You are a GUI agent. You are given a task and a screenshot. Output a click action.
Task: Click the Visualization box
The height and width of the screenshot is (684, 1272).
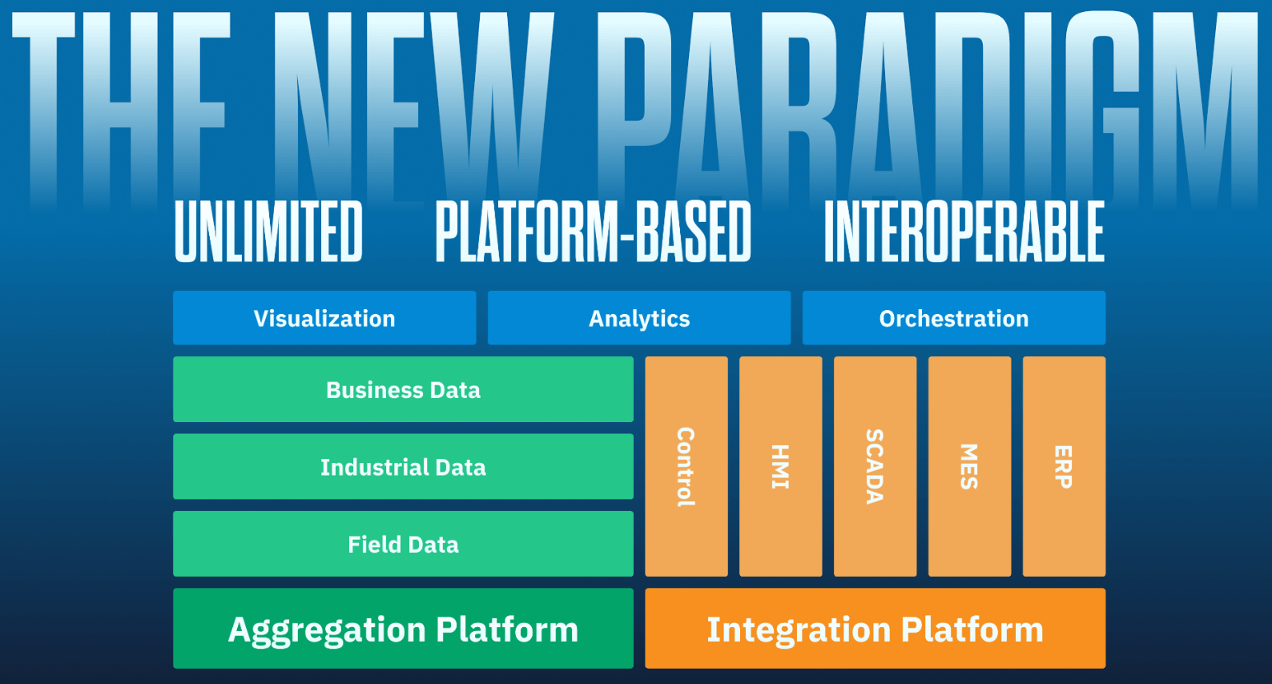click(324, 318)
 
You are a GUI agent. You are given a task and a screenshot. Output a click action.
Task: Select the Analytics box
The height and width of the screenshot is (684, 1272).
click(639, 318)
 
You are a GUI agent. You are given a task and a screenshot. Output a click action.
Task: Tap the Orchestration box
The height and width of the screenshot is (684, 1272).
click(953, 318)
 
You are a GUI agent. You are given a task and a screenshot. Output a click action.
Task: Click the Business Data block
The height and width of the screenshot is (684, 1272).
click(403, 389)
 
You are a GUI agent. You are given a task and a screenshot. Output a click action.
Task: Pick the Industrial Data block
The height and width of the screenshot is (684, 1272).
click(403, 466)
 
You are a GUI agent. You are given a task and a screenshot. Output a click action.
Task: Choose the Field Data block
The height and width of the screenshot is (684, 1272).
click(403, 544)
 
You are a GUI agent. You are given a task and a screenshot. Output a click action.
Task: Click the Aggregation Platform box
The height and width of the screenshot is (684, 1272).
click(403, 629)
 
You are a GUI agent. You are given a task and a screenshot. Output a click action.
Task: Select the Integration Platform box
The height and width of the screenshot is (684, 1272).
click(875, 629)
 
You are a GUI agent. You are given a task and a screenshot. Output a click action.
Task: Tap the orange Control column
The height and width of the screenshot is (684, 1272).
click(686, 466)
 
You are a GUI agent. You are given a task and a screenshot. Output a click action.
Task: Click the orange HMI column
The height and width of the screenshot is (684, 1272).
click(780, 466)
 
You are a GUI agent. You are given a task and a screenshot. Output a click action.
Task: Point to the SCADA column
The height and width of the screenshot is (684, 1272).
click(875, 466)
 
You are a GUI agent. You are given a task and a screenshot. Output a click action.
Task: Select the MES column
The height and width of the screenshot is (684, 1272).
click(969, 466)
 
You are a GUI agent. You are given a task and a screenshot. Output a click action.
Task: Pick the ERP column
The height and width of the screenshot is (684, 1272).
click(1064, 466)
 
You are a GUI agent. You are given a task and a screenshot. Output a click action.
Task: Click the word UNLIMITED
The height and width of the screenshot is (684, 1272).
click(268, 231)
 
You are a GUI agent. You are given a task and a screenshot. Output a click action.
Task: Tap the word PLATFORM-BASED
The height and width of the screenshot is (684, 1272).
click(593, 231)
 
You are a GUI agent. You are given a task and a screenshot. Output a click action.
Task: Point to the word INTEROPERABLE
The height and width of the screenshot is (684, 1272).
click(964, 231)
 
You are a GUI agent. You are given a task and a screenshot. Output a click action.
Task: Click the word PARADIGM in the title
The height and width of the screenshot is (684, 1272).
click(929, 104)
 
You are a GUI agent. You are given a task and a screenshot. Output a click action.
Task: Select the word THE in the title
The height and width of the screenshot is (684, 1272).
click(120, 104)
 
